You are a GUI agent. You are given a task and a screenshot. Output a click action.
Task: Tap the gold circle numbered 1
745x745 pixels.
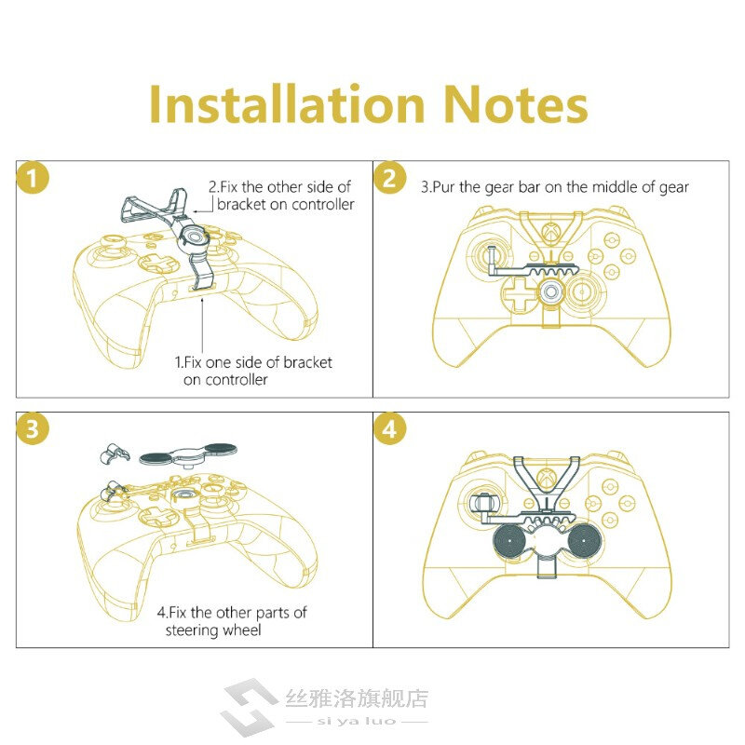pos(34,179)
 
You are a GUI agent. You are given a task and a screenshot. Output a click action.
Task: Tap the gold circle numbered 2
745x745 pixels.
pos(390,178)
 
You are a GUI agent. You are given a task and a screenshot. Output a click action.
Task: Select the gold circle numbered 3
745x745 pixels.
pos(34,429)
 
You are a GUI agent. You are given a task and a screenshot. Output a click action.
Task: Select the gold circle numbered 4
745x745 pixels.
pos(390,429)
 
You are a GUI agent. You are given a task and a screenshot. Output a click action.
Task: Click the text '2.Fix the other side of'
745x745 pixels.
pos(278,187)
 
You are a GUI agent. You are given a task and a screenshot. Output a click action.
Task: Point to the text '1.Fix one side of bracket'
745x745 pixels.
pos(253,361)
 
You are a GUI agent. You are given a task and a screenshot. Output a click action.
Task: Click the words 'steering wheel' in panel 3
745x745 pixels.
pos(213,630)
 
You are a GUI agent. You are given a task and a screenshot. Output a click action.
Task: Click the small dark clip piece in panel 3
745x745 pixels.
pos(114,454)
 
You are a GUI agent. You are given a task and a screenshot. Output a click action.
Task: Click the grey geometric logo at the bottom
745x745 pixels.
pos(247,707)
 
